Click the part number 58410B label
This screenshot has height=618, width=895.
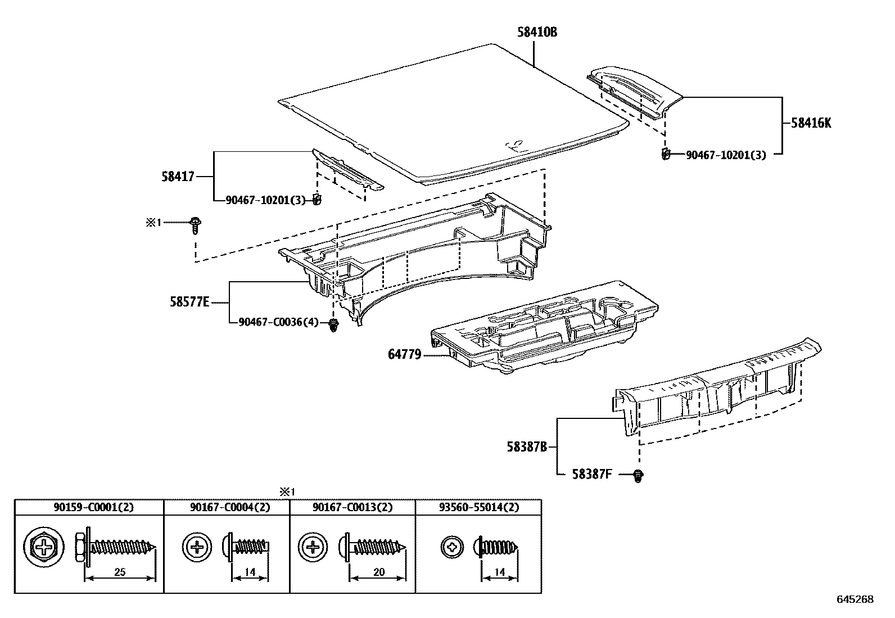[x=537, y=32]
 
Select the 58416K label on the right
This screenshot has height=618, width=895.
[x=811, y=123]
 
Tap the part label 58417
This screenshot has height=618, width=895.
[x=178, y=177]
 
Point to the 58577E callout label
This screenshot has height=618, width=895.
[x=189, y=303]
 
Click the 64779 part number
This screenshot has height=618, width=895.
[x=404, y=355]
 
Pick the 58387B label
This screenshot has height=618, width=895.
[x=526, y=447]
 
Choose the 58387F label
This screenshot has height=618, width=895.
[x=591, y=475]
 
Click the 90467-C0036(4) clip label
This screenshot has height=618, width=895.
[x=278, y=322]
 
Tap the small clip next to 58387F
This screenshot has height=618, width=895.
[x=638, y=476]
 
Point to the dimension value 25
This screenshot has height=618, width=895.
[x=119, y=572]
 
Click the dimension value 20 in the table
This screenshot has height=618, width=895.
[x=378, y=572]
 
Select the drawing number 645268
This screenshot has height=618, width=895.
[x=855, y=599]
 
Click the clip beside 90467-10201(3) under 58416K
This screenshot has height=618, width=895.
[x=666, y=154]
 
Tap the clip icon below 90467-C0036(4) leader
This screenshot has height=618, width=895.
[x=334, y=325]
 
